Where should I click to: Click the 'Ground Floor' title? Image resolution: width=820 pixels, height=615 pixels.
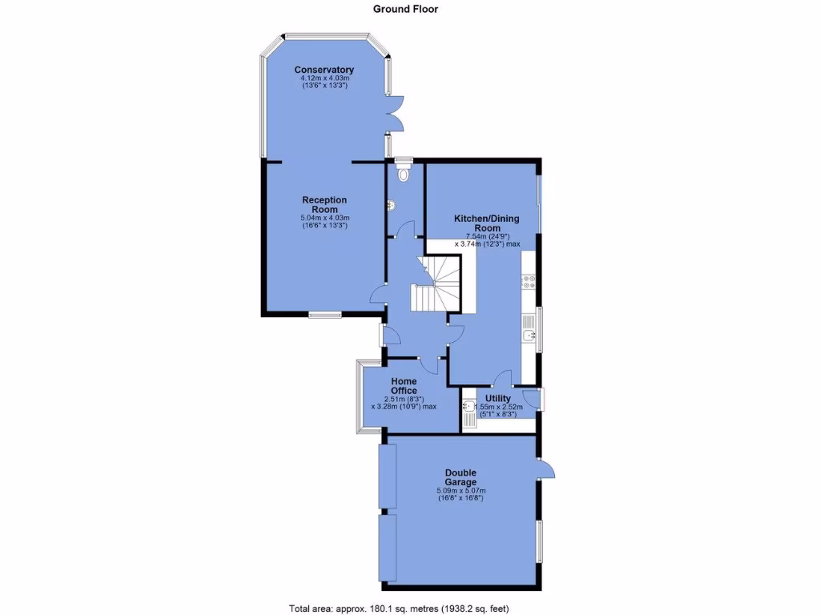click(x=405, y=9)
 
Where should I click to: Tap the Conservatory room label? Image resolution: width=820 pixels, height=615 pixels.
click(x=324, y=70)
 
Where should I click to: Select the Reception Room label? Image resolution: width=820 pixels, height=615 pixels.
click(x=324, y=204)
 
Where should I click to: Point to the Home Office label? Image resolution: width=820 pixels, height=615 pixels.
click(x=404, y=386)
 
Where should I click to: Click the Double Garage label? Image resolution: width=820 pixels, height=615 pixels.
click(x=461, y=477)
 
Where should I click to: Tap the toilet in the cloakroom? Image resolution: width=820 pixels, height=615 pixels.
click(x=403, y=171)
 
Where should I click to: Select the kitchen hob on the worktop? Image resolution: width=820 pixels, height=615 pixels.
click(x=529, y=281)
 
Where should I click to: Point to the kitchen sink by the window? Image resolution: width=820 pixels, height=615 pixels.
click(x=529, y=327)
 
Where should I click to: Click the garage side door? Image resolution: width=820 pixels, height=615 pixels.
click(x=546, y=470)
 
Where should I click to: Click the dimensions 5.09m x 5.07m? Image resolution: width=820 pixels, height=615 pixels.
click(x=461, y=490)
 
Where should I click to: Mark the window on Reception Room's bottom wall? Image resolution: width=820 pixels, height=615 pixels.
click(x=325, y=316)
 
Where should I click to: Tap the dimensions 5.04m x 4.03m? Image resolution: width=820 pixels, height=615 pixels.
click(x=324, y=218)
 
